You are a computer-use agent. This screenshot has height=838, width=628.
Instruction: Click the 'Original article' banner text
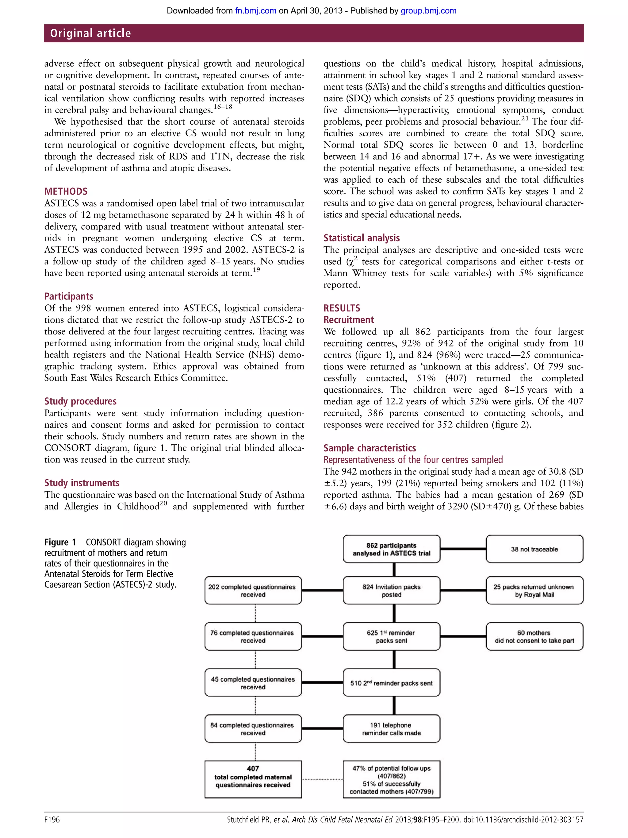tap(90, 33)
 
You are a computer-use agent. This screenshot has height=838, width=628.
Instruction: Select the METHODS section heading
tap(66, 191)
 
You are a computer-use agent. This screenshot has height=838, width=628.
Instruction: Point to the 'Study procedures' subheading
tap(80, 401)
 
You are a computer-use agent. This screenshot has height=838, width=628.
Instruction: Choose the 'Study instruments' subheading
tap(82, 483)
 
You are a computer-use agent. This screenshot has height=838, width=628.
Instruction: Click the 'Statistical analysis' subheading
tap(362, 238)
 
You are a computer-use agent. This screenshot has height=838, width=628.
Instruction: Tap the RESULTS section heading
tap(342, 308)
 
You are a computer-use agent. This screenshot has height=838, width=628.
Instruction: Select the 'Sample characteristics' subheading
tap(370, 448)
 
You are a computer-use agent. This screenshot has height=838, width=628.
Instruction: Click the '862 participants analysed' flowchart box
tap(391, 549)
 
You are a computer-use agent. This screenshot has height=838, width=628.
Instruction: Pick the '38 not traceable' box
tap(534, 549)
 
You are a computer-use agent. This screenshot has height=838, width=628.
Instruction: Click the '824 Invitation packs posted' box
tap(391, 591)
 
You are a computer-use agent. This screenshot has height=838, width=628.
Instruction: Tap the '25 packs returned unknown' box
tap(534, 591)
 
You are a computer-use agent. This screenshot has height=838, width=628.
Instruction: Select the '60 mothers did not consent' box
tap(534, 636)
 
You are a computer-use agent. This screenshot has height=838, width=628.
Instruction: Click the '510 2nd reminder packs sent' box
tap(391, 683)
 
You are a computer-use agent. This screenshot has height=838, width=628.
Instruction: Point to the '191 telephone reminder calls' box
tap(391, 729)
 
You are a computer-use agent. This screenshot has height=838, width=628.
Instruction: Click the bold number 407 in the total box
tap(253, 769)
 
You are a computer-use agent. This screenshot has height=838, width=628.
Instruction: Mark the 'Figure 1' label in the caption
tap(60, 543)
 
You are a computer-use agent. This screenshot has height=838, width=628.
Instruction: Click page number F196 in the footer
tap(52, 820)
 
